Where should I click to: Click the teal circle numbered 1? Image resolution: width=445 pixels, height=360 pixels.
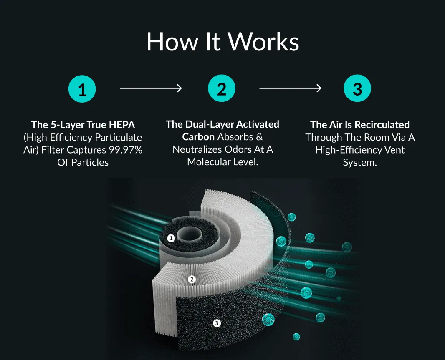(x=82, y=89)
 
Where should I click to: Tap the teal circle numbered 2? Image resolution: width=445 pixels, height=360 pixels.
(x=221, y=89)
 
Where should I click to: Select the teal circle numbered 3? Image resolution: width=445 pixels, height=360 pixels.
(x=357, y=89)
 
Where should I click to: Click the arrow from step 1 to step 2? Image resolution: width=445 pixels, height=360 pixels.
(x=151, y=88)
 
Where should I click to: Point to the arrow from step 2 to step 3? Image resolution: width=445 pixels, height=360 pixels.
(x=290, y=88)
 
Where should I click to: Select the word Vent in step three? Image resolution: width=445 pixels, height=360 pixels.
(x=394, y=150)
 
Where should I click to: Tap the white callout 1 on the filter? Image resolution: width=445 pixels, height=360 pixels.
(x=171, y=238)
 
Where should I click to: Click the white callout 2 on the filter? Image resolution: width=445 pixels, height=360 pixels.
(x=192, y=279)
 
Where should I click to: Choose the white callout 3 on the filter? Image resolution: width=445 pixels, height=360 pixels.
(x=217, y=323)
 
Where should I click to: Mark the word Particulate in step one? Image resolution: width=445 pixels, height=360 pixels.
(x=119, y=137)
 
